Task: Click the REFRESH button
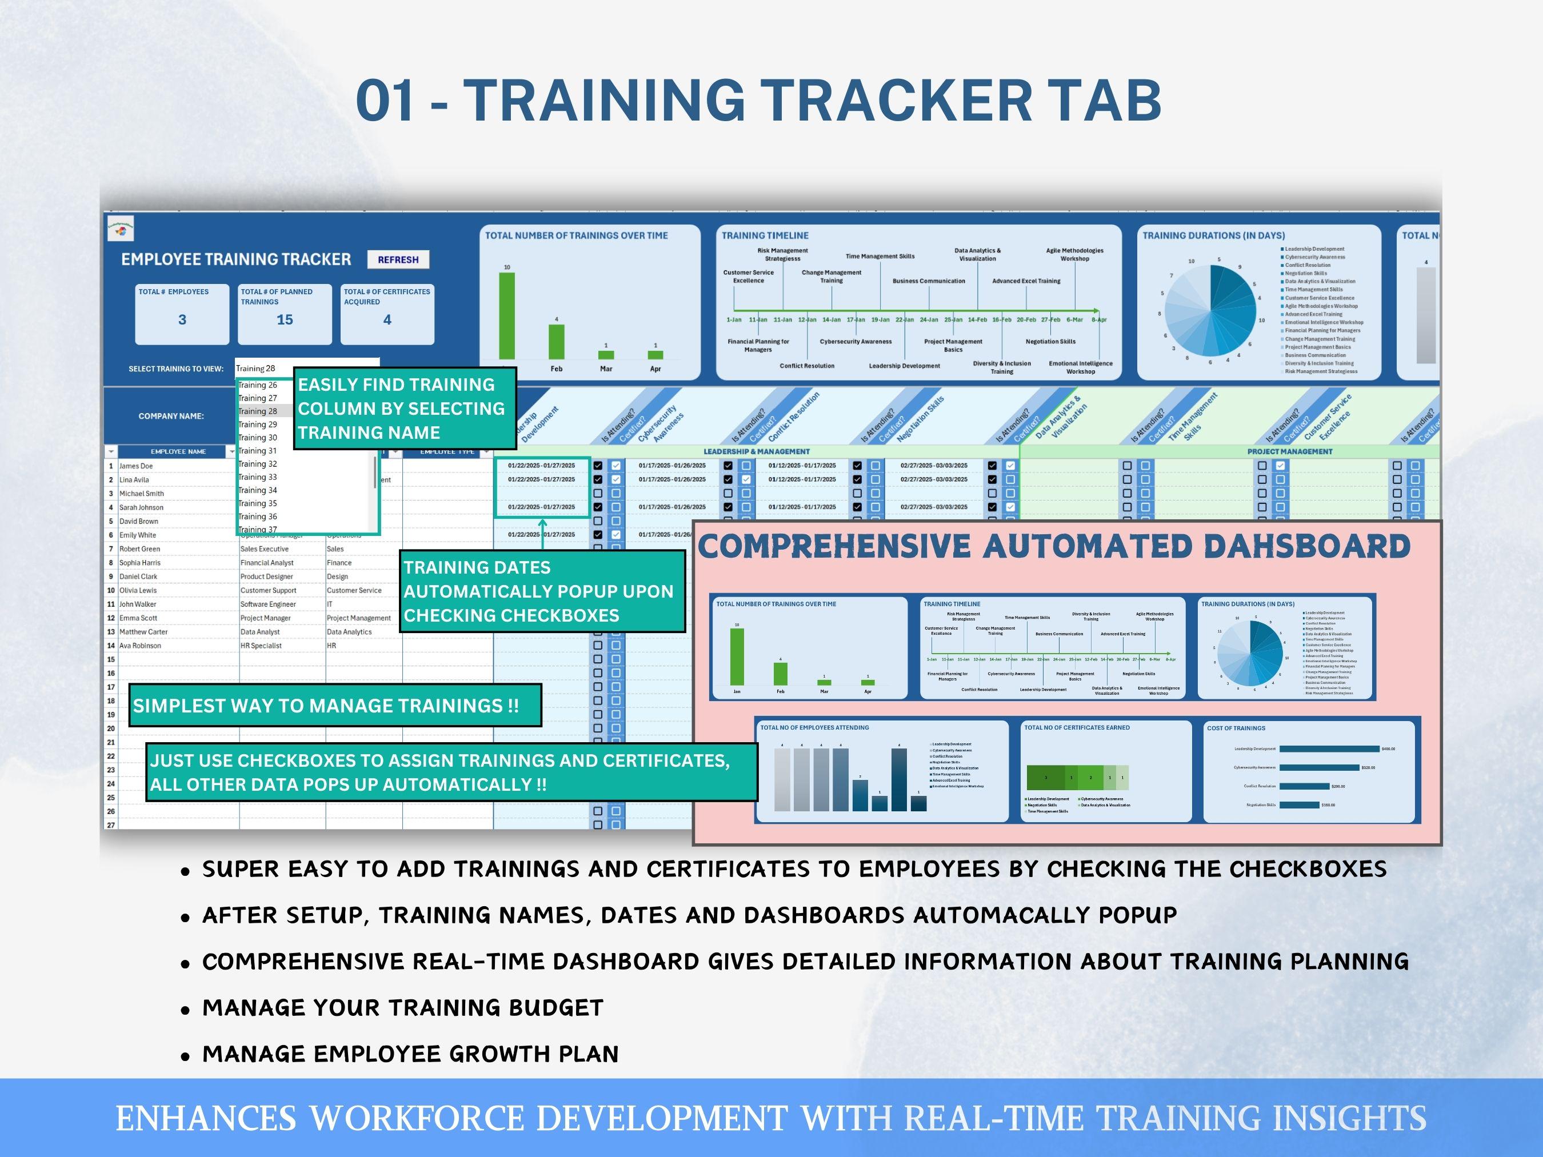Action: pos(398,259)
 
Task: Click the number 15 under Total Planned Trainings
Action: pos(285,319)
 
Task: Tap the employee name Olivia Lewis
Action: pos(138,590)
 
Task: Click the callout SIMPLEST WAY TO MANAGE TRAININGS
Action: pos(326,706)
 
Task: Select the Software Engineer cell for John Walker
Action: pos(268,604)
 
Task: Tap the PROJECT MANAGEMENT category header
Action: pos(1290,451)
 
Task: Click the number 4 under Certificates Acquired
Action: pos(387,319)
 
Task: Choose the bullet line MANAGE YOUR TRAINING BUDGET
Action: pos(402,1008)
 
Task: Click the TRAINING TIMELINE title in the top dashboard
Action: pos(765,236)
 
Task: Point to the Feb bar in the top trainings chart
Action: pos(556,342)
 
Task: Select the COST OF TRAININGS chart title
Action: pos(1236,728)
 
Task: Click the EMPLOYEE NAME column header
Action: pos(178,451)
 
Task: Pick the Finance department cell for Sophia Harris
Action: pos(339,563)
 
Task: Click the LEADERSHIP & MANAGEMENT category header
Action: pos(756,451)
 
